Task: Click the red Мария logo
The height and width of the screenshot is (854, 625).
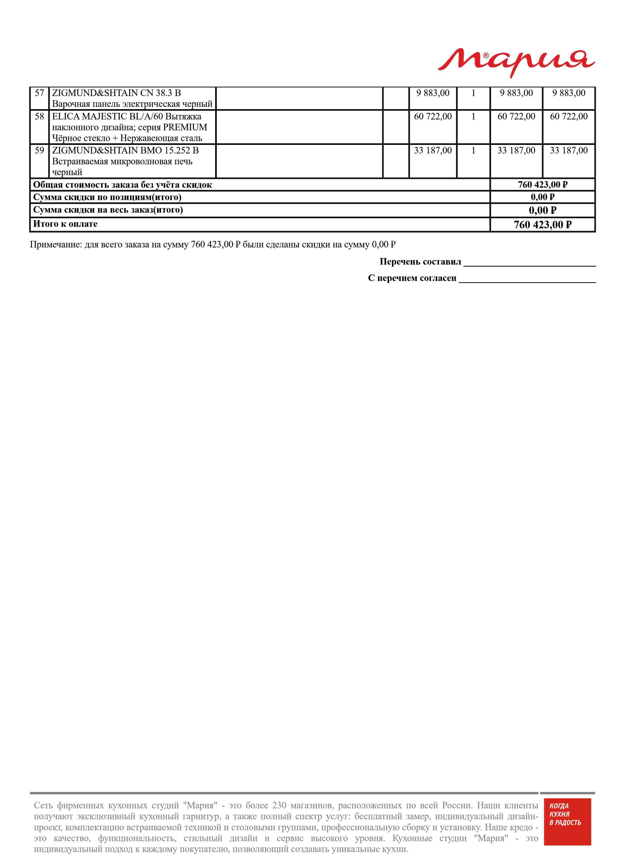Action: point(516,62)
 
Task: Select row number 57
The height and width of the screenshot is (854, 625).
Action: point(39,93)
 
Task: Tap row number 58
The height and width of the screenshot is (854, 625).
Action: point(39,116)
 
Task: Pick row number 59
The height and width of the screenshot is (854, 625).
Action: point(39,150)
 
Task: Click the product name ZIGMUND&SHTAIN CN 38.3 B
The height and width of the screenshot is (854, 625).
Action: point(116,93)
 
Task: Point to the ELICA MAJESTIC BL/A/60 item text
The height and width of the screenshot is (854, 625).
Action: point(127,116)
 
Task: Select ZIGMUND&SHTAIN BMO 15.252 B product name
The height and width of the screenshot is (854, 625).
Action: point(125,150)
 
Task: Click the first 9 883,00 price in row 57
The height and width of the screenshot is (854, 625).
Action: point(433,93)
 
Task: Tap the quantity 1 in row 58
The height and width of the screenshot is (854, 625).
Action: point(473,116)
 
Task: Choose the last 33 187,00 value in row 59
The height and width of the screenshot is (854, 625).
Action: point(569,150)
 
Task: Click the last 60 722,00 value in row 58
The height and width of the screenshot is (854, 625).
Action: point(569,116)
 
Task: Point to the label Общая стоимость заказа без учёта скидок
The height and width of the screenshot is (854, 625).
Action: point(122,185)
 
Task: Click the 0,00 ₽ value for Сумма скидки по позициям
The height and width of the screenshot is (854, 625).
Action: point(543,197)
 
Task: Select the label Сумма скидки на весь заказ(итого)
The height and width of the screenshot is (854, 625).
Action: point(108,210)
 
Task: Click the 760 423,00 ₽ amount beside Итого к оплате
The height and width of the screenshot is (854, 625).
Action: point(543,225)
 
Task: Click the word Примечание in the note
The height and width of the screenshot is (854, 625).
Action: point(56,245)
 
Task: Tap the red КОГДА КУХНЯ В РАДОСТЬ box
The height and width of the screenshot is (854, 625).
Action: point(567,827)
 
